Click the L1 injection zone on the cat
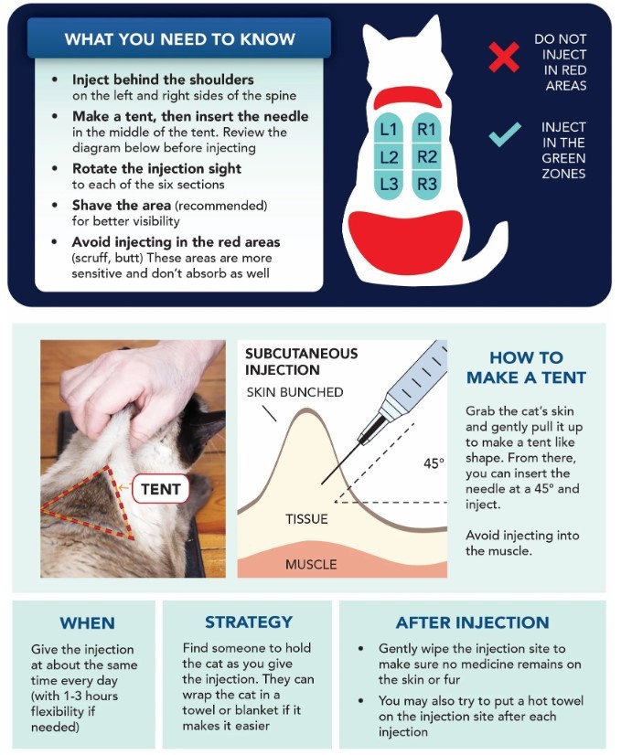pyautogui.click(x=389, y=129)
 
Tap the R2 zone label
pyautogui.click(x=427, y=157)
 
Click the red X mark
pyautogui.click(x=504, y=58)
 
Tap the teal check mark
pyautogui.click(x=505, y=134)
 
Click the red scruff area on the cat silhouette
pyautogui.click(x=408, y=97)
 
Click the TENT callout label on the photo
pyautogui.click(x=161, y=489)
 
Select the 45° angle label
pyautogui.click(x=434, y=463)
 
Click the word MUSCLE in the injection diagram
pyautogui.click(x=311, y=564)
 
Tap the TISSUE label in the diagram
pyautogui.click(x=306, y=519)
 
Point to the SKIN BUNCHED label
pyautogui.click(x=294, y=392)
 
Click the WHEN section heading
pyautogui.click(x=87, y=623)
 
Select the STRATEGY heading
pyautogui.click(x=249, y=622)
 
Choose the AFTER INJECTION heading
pyautogui.click(x=473, y=622)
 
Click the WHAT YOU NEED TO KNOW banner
pyautogui.click(x=179, y=38)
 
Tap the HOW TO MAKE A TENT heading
pyautogui.click(x=526, y=367)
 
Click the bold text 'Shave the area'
pyautogui.click(x=122, y=206)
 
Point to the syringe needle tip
pyautogui.click(x=322, y=484)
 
